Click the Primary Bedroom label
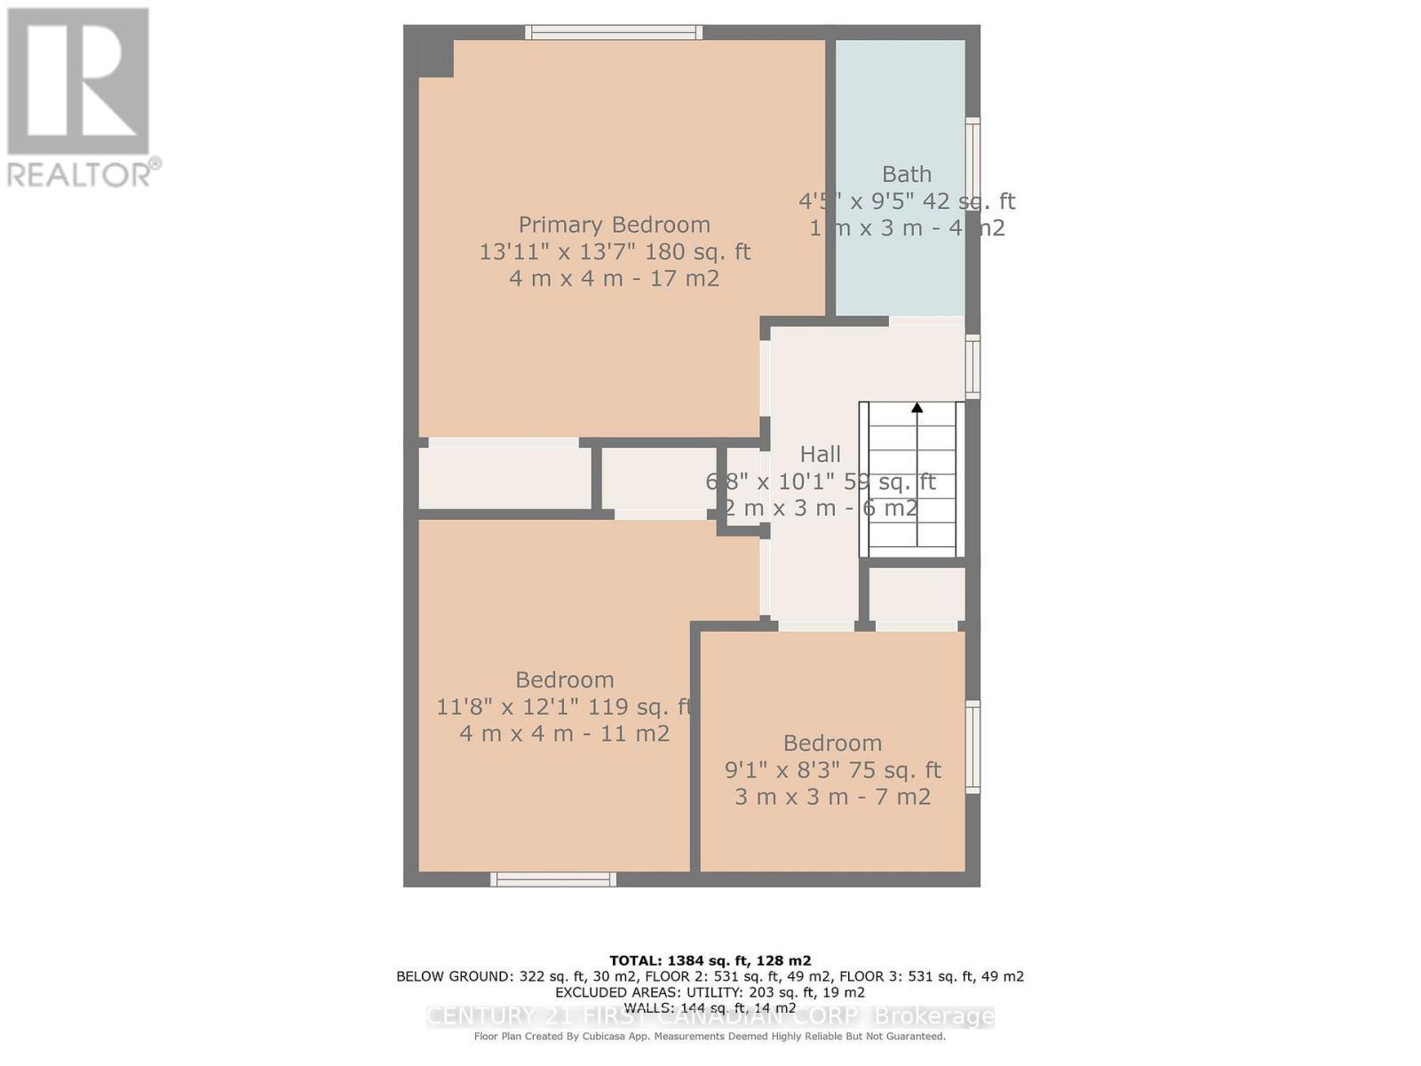614,225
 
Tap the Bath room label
906,174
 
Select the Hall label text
820,454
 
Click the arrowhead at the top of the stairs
917,408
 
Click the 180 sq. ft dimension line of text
615,251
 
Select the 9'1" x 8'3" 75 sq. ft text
832,769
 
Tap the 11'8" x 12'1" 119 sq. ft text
564,707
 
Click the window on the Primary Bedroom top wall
614,33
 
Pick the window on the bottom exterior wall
552,879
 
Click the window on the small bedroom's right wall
973,746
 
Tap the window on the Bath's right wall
973,164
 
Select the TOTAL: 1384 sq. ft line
710,960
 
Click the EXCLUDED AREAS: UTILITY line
710,992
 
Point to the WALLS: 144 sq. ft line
710,1007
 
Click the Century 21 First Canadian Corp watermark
710,1016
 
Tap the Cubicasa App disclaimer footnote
710,1036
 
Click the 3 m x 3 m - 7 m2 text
832,797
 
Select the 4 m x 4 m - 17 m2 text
614,279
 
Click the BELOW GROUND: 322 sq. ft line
710,976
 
